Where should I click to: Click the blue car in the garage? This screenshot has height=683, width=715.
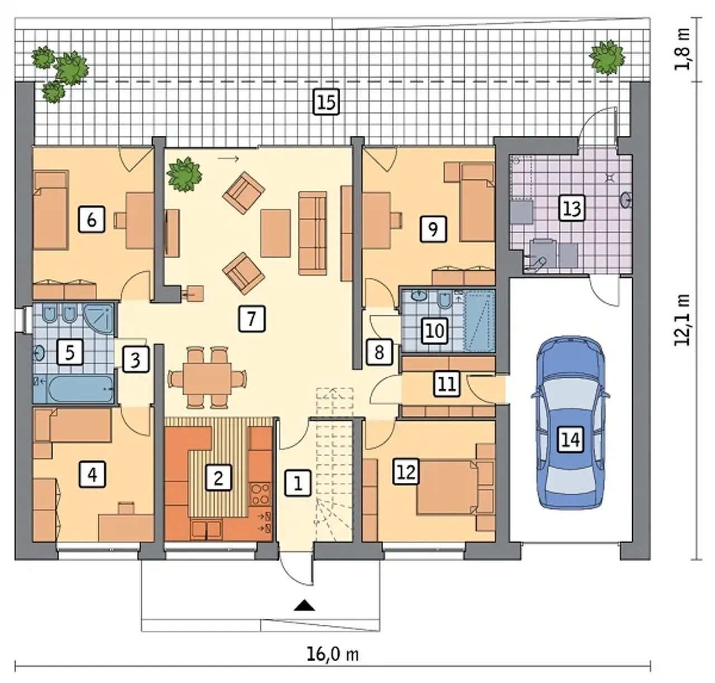570,423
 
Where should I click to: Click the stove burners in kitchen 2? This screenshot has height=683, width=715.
260,494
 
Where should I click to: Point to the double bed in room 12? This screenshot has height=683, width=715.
447,487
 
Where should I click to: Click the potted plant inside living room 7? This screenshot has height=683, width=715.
184,174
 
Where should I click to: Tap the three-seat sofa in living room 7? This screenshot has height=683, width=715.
312,233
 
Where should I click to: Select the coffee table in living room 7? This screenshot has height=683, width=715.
275,233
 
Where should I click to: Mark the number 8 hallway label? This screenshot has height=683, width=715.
379,352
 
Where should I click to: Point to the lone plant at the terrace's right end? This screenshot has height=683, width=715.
607,58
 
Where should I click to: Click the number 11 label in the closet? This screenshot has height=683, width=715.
447,383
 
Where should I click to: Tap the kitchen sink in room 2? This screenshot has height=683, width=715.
206,529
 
